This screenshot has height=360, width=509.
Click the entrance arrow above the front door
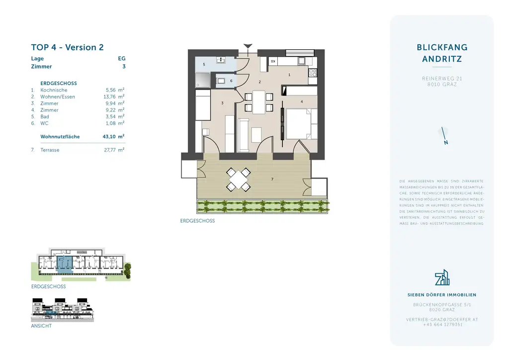click(x=248, y=47)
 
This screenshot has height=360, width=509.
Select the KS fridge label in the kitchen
click(x=273, y=61)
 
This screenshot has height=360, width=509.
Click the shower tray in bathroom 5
click(x=202, y=79)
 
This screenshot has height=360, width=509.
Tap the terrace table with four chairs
click(x=239, y=180)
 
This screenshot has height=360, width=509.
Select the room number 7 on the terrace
click(x=272, y=179)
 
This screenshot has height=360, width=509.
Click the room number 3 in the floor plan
click(x=223, y=103)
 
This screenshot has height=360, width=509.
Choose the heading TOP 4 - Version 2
click(x=67, y=48)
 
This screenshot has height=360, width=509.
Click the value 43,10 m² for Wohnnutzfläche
click(x=113, y=136)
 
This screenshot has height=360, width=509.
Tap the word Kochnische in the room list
click(x=54, y=90)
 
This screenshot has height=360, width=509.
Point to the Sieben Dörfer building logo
click(x=442, y=278)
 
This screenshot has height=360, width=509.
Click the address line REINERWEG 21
click(x=442, y=79)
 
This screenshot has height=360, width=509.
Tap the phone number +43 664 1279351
click(x=442, y=324)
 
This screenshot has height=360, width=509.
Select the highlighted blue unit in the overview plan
click(x=64, y=264)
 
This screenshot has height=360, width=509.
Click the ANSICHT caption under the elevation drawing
click(x=41, y=326)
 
